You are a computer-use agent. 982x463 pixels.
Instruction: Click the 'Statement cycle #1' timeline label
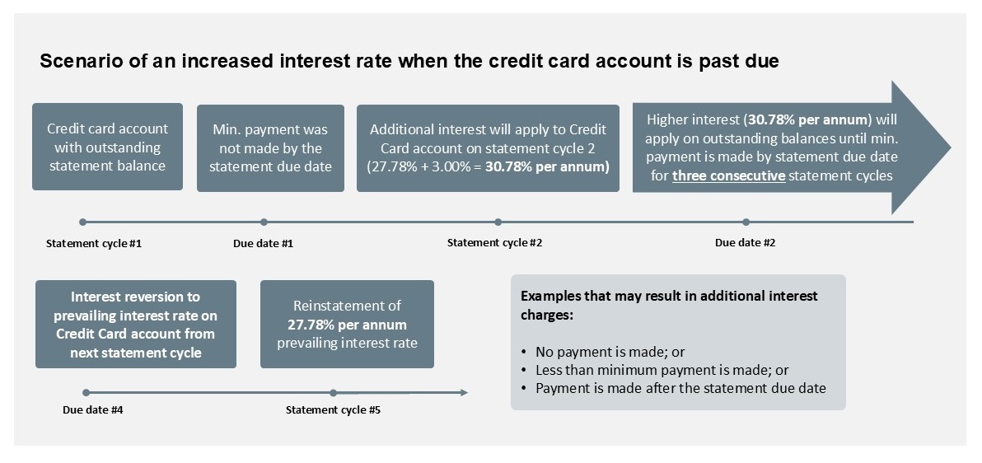[94, 243]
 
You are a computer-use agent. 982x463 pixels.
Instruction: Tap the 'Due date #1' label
[263, 243]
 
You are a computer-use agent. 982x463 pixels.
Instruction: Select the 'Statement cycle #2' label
[494, 242]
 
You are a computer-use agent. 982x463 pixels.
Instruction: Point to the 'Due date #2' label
[746, 242]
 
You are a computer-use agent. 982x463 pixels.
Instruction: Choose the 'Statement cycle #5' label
[333, 410]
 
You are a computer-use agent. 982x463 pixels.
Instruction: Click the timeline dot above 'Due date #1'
[264, 222]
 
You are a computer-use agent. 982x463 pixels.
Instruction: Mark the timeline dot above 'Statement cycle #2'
[498, 222]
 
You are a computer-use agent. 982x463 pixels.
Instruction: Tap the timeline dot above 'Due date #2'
[746, 222]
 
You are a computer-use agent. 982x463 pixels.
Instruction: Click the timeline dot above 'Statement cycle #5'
[333, 393]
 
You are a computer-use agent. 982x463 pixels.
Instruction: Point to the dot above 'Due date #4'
[87, 393]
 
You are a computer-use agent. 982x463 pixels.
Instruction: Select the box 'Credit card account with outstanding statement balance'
[108, 147]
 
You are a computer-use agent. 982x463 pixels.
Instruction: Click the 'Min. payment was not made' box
[270, 147]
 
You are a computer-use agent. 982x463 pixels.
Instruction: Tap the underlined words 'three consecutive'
[729, 175]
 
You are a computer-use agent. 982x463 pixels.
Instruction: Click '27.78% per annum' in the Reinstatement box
[347, 325]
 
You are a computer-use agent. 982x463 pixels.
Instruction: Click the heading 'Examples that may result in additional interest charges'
[670, 305]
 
